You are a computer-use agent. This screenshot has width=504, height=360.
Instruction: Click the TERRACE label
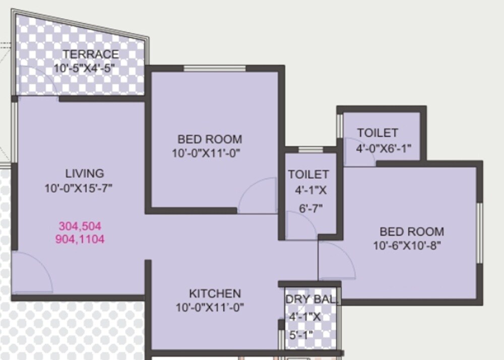coord(91,54)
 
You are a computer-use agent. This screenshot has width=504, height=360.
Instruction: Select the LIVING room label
coord(85,173)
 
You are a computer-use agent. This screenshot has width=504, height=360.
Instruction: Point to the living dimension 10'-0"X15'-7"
coord(78,189)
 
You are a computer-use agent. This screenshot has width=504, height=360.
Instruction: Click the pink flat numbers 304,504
coord(81,225)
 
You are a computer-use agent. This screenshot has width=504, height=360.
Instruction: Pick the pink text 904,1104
coord(81,239)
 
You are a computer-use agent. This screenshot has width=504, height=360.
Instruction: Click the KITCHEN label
coord(215,293)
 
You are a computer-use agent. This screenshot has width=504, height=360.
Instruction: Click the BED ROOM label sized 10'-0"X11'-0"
coord(210,139)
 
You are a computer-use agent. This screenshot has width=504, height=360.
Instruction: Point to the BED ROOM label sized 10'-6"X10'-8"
coord(412,232)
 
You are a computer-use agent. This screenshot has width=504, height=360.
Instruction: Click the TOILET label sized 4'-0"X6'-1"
coord(377,133)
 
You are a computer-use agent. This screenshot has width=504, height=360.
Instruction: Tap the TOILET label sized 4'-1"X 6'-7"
coord(308,174)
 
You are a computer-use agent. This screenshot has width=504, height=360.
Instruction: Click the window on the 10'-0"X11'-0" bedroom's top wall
coord(214,69)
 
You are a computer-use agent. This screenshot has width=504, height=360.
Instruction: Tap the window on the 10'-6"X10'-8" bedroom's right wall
coord(479,232)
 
